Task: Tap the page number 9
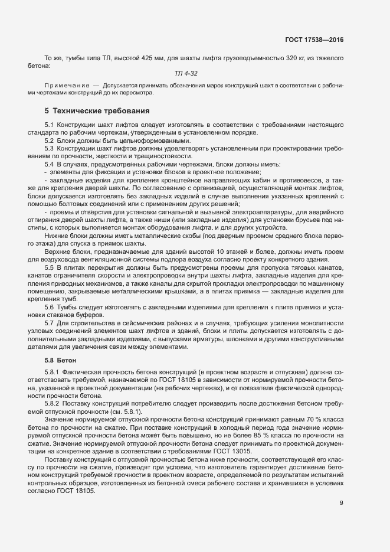coord(341,503)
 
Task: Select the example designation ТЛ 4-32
coord(186,73)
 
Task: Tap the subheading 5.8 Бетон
coord(61,359)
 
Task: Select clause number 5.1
coord(50,125)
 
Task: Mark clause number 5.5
coord(50,267)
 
